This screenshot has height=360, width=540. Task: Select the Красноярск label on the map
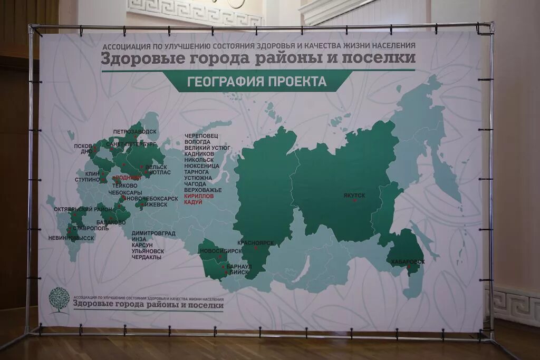click(x=255, y=242)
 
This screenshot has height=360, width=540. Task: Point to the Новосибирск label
click(x=220, y=251)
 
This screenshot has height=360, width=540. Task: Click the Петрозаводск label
click(x=134, y=131)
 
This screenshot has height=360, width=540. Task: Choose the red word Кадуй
click(x=194, y=202)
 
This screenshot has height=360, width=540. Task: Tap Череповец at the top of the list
click(x=198, y=135)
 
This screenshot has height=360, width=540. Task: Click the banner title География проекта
click(x=257, y=82)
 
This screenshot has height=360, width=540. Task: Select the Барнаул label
click(x=240, y=267)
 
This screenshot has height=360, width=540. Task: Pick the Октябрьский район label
click(x=83, y=209)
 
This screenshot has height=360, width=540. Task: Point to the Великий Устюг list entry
click(x=207, y=148)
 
